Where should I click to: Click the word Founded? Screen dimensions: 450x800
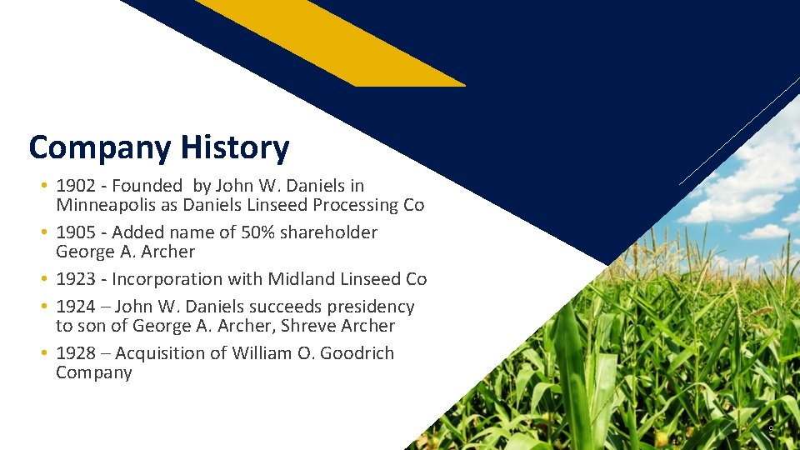(147, 186)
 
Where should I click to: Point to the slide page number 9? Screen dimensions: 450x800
(771, 429)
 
